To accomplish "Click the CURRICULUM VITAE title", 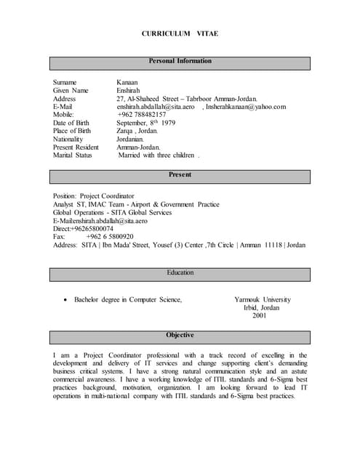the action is coord(180,34).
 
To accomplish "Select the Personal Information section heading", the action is coord(180,61).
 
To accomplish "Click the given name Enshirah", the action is coord(131,91).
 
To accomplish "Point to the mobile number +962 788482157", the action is coord(141,115).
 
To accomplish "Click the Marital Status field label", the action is coord(73,155).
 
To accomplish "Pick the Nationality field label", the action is coord(68,139).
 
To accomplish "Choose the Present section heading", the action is coord(180,175).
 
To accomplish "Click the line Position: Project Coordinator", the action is coord(94,196).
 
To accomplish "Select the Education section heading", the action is coord(180,272).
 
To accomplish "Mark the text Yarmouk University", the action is coord(263,299).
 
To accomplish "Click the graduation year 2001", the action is coord(260,315).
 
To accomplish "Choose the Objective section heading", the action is coord(180,335).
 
